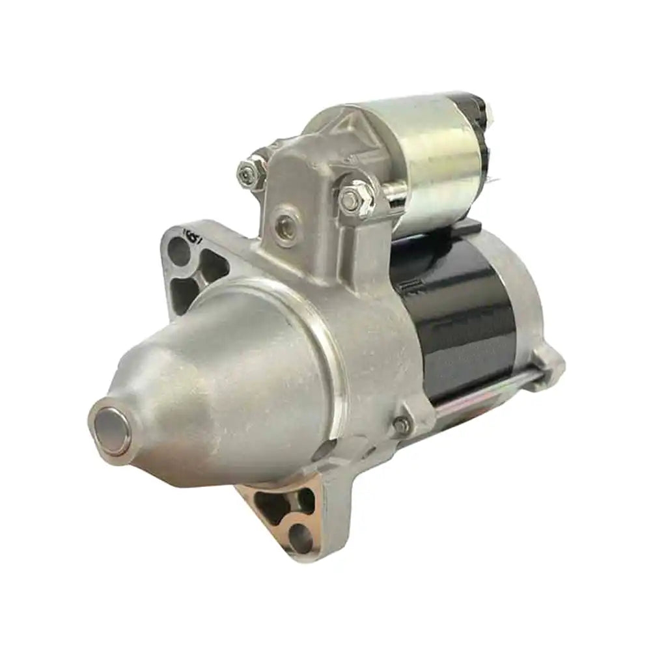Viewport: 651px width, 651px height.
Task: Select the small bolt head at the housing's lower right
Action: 402,426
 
